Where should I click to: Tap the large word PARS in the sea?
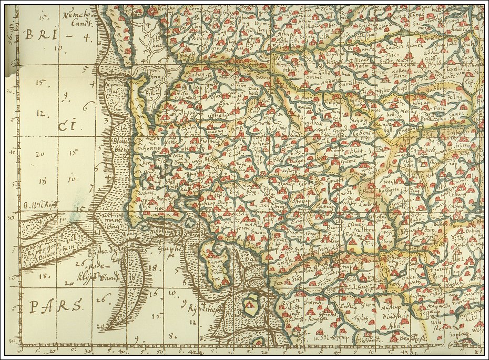(55, 305)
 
